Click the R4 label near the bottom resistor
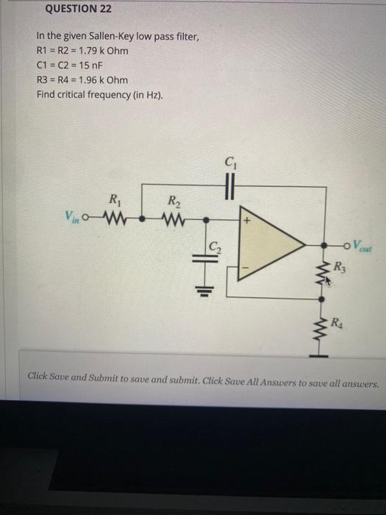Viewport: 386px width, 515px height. [x=336, y=322]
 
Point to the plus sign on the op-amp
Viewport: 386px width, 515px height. [x=248, y=220]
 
